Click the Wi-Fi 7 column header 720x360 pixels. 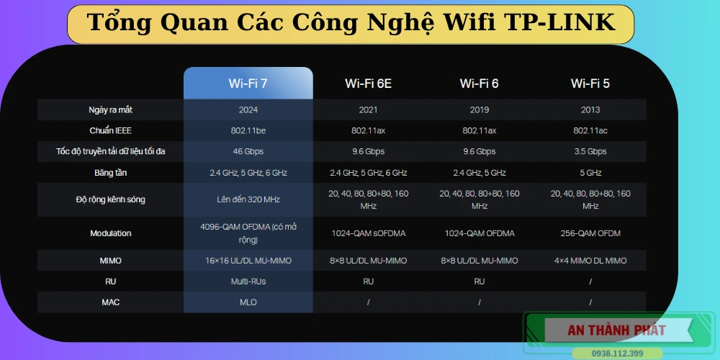tap(248, 84)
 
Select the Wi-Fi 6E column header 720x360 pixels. tap(368, 84)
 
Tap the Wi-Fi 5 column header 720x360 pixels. tap(590, 84)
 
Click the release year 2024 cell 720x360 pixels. tap(248, 110)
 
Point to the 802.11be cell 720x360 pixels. tap(248, 131)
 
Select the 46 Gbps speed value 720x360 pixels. tap(248, 152)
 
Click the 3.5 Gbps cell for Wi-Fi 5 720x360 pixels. tap(590, 152)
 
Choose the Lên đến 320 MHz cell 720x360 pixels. tap(248, 199)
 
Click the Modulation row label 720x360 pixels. tap(111, 233)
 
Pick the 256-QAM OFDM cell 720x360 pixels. tap(590, 233)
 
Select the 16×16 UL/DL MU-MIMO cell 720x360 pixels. tap(248, 261)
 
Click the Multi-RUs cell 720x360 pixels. tap(248, 282)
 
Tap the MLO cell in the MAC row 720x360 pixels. tap(248, 302)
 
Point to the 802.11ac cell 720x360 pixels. tap(590, 131)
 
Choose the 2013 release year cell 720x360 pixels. tap(590, 110)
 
